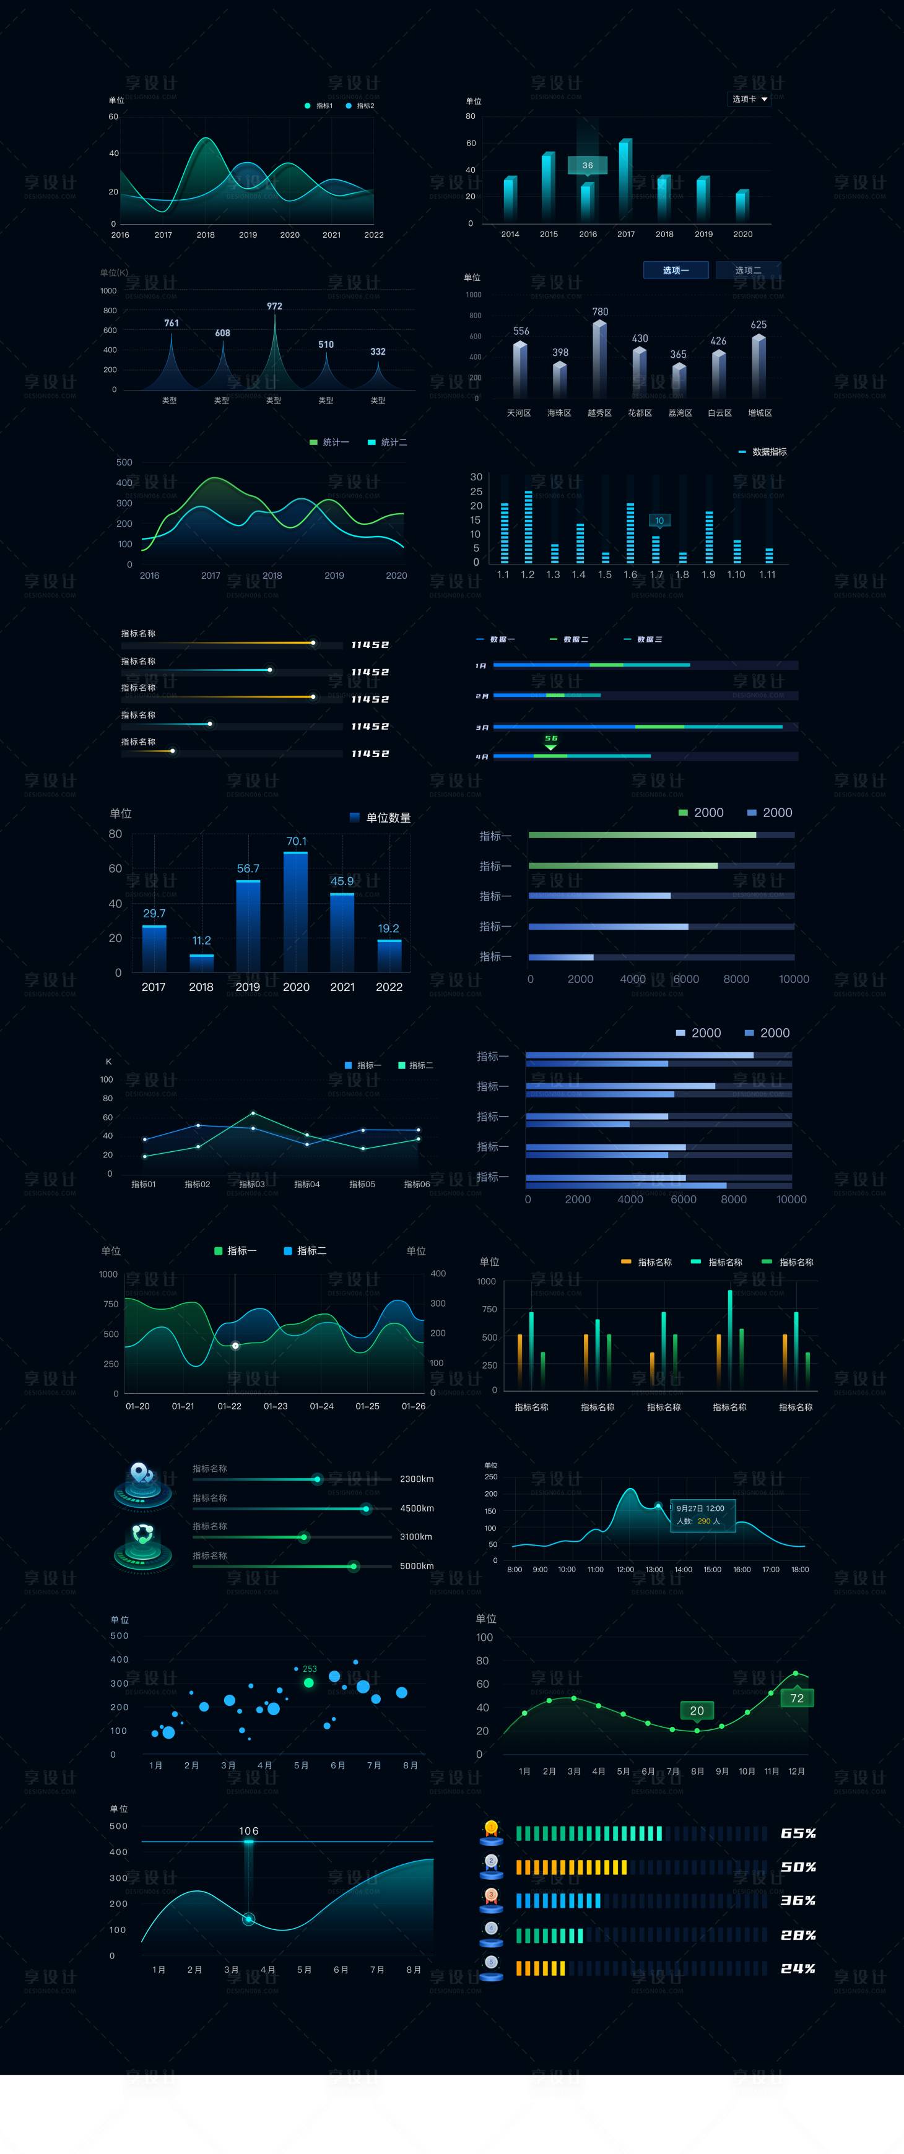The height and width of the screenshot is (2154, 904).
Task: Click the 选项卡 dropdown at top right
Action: (x=749, y=98)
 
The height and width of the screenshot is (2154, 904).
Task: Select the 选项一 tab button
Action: (x=676, y=270)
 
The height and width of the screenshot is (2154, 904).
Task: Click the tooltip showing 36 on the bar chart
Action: (x=587, y=165)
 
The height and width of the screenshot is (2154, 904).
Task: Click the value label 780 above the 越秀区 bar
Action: (x=599, y=312)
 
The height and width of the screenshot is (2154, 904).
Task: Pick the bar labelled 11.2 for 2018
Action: (x=201, y=962)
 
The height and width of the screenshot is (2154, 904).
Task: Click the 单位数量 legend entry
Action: (x=381, y=818)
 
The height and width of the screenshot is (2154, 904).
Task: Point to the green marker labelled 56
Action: (x=550, y=742)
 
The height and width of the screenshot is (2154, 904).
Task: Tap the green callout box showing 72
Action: (x=797, y=1697)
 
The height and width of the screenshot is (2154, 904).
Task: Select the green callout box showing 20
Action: (x=697, y=1710)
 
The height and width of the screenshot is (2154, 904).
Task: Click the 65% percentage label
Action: (x=798, y=1833)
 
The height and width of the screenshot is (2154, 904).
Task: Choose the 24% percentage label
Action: (x=798, y=1968)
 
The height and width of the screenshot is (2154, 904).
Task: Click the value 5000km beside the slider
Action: (x=417, y=1565)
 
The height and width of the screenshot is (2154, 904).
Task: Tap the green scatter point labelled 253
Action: (x=308, y=1682)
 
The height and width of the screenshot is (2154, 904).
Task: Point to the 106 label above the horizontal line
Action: (x=248, y=1830)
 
